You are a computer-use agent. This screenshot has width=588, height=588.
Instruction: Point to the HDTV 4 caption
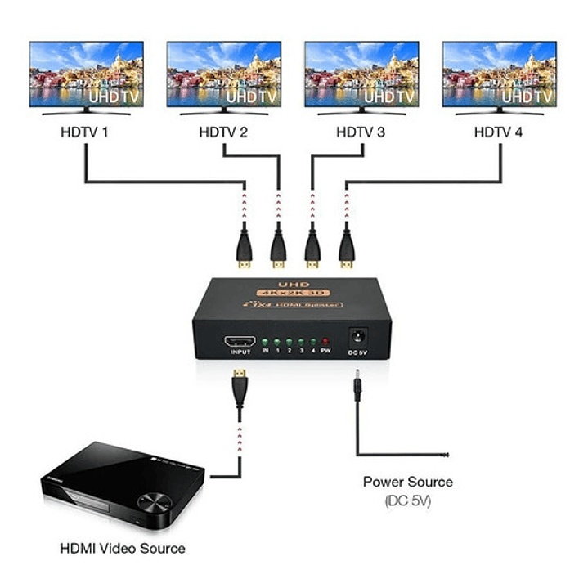click(x=499, y=131)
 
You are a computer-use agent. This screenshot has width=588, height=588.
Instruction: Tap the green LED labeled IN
click(x=266, y=340)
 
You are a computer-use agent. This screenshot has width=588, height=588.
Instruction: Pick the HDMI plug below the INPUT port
click(x=238, y=389)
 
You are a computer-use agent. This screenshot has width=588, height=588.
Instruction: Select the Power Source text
click(x=408, y=482)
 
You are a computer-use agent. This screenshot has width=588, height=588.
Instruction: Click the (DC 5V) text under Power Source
click(x=408, y=500)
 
